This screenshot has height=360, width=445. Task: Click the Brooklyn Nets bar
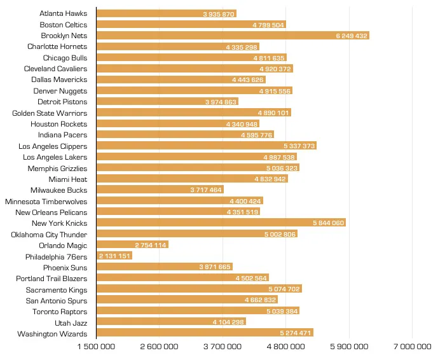[x=233, y=36]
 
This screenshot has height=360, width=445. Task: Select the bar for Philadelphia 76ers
[x=114, y=256]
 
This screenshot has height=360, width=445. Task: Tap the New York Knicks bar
[x=221, y=223]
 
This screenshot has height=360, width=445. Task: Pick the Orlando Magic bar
[x=132, y=246]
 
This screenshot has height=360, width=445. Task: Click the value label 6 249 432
[x=352, y=36]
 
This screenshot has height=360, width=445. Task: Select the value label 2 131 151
[x=115, y=256]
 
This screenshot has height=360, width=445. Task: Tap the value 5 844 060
[x=329, y=223]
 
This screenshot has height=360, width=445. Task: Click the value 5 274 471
[x=296, y=333]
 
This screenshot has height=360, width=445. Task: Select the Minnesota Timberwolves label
[x=46, y=202]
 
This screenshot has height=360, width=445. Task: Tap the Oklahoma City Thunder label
[x=49, y=235]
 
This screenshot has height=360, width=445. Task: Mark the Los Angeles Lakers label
[x=55, y=157]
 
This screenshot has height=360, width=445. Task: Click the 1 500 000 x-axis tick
[x=97, y=347]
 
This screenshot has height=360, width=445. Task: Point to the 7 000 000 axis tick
[x=413, y=347]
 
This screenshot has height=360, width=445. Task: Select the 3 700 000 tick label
[x=222, y=347]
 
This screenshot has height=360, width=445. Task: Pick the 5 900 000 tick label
[x=349, y=347]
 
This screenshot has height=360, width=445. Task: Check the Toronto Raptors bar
[x=198, y=312]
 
